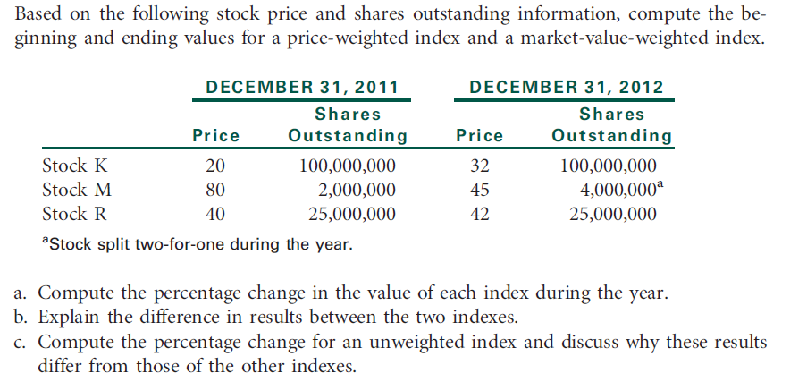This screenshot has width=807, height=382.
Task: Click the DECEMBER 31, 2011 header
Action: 301,87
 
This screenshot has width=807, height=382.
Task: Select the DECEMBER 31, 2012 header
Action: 566,87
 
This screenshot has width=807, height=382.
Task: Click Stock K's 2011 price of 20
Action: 215,166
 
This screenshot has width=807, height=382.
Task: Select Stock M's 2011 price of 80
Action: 215,191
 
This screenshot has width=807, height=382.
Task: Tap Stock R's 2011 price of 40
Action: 215,215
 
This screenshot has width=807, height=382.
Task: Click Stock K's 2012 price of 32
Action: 479,166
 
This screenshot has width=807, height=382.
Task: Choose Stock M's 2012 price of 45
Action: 479,191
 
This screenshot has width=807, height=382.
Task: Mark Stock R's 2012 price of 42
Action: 479,215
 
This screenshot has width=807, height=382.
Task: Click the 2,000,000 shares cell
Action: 357,191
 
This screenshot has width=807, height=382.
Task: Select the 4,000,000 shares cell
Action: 617,191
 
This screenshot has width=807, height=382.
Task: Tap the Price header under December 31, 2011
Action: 216,136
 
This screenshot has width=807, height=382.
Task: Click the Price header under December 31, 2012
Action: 479,136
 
